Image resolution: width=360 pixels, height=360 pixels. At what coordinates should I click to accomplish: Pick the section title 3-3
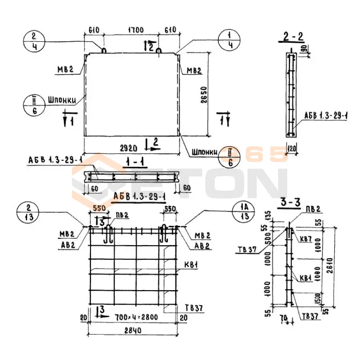(288, 203)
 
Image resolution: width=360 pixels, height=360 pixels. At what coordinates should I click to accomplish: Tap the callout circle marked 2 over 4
(32, 41)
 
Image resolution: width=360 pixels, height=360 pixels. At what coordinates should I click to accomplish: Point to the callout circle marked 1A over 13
(243, 212)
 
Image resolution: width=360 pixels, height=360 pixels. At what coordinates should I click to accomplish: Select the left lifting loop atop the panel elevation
(103, 49)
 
